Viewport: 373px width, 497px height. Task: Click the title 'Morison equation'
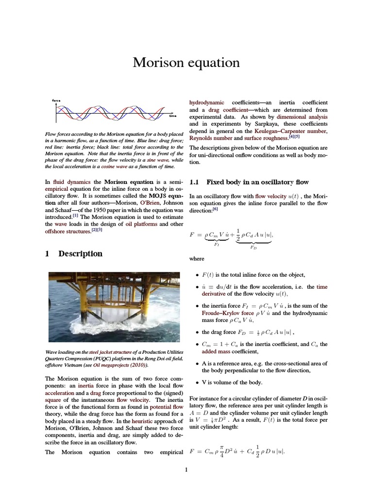[186, 63]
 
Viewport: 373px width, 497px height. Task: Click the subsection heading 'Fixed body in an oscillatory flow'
[257, 182]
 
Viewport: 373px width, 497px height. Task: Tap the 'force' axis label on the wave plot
[56, 100]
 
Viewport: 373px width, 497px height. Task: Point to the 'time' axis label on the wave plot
[173, 116]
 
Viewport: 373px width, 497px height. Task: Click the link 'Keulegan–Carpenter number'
[290, 131]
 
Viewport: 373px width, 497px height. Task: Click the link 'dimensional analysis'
[302, 117]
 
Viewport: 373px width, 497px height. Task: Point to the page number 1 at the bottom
[186, 469]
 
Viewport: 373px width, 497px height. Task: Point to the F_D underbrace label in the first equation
[253, 247]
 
